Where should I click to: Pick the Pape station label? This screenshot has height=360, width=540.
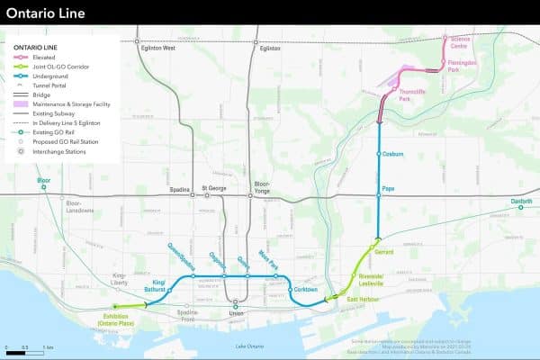[389, 188]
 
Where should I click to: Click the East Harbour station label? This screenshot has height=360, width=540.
[364, 298]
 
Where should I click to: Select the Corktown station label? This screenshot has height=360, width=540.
[305, 289]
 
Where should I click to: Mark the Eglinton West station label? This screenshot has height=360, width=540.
[157, 49]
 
